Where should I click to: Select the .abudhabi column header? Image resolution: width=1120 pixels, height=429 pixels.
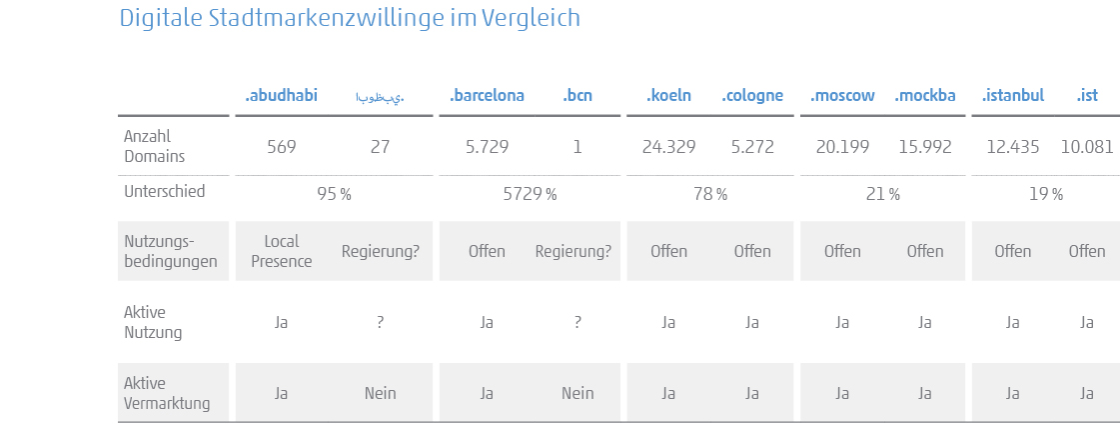click(281, 96)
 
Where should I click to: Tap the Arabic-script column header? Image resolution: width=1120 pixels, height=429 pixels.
click(380, 97)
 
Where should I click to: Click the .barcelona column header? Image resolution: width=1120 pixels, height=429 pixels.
click(487, 96)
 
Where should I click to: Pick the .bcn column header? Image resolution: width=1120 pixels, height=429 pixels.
click(576, 96)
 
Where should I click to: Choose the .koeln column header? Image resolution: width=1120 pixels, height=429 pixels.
click(668, 96)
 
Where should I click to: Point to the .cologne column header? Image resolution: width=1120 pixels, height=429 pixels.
click(752, 96)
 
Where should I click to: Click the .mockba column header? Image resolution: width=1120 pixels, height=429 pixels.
click(925, 96)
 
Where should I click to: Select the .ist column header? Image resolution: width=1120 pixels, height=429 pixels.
click(1087, 96)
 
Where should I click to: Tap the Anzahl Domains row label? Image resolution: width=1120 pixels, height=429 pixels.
click(154, 146)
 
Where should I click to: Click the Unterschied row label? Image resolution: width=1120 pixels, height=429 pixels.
click(164, 191)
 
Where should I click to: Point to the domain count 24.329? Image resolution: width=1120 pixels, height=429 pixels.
click(668, 147)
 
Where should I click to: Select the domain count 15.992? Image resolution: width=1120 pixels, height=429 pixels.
click(925, 147)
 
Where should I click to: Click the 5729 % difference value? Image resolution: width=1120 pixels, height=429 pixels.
click(530, 194)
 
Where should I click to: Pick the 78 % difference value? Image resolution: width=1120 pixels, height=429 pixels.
click(709, 194)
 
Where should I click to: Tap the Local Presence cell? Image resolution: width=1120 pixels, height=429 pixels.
click(281, 251)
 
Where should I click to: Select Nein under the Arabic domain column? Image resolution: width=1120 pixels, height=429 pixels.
click(380, 393)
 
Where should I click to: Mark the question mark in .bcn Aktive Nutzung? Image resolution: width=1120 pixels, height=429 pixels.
click(577, 322)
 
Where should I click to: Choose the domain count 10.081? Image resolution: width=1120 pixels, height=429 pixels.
click(1087, 147)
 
